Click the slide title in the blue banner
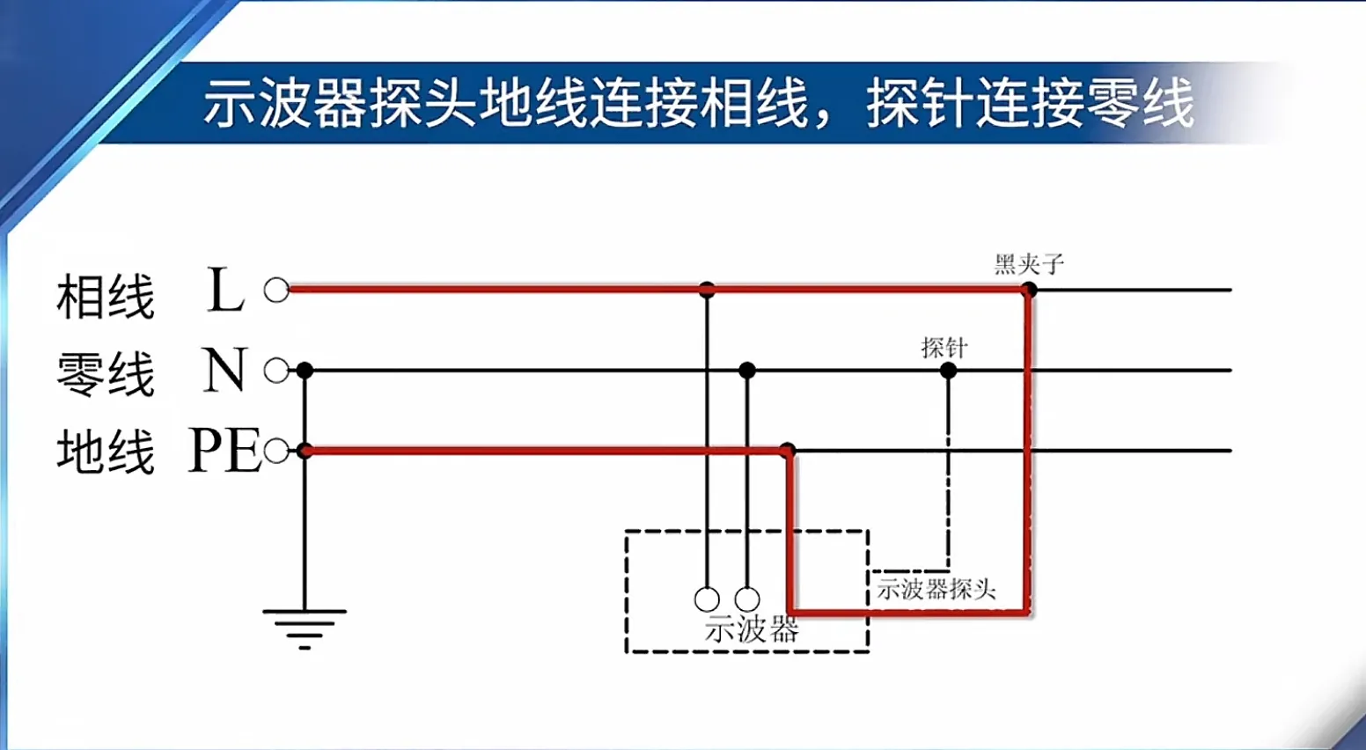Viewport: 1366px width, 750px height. point(698,104)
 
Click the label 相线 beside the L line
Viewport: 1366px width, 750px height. point(106,297)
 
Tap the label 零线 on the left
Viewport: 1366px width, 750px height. point(106,373)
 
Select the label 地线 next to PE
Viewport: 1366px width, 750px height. point(106,451)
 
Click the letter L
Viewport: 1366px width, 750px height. point(225,290)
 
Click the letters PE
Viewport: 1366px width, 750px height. point(225,451)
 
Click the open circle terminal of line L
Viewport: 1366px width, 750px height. point(276,290)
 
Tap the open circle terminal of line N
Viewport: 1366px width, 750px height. point(276,371)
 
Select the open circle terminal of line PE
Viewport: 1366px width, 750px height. point(276,452)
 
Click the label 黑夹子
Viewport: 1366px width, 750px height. point(1029,264)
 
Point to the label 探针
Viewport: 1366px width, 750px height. point(944,348)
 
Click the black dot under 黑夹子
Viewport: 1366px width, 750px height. point(1028,289)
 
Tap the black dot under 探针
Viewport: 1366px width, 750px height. point(948,371)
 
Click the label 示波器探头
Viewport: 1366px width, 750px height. point(936,589)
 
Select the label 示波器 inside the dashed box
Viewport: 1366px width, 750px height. point(752,629)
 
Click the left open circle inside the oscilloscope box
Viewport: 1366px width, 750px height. point(707,599)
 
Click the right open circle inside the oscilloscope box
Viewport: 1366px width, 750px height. point(747,599)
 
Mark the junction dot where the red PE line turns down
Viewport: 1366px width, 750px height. point(788,452)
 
